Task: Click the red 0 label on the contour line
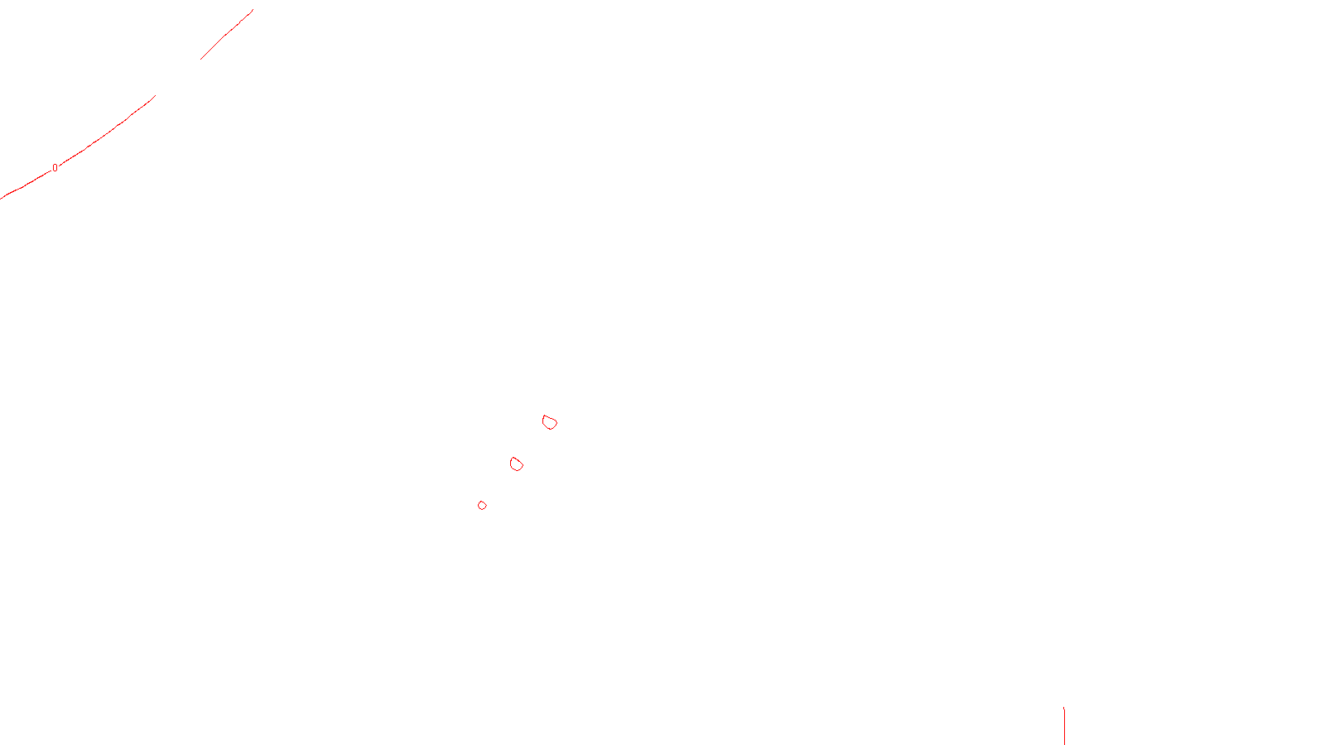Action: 55,168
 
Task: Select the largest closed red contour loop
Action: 549,422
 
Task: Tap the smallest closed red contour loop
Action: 482,505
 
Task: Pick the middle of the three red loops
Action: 516,464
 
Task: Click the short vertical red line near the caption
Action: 1064,726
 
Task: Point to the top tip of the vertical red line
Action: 1064,708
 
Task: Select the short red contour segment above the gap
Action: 226,35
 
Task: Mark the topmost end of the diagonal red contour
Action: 253,10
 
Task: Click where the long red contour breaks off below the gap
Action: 155,96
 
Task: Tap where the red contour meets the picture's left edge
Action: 1,199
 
